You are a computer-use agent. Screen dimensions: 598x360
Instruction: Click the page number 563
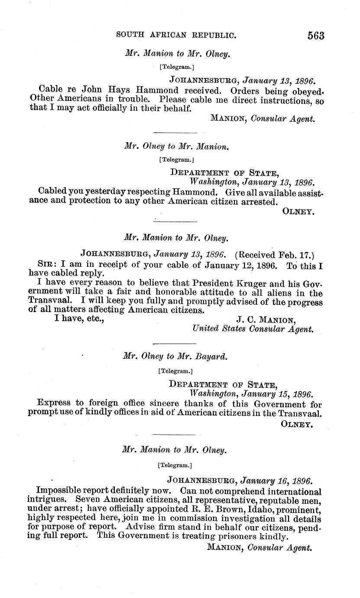(x=316, y=36)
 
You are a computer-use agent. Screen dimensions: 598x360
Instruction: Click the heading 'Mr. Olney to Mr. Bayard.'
(x=175, y=356)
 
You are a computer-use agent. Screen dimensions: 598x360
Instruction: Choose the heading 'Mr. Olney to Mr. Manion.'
(x=176, y=146)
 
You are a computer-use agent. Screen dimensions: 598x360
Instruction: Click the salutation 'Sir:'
(x=48, y=264)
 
